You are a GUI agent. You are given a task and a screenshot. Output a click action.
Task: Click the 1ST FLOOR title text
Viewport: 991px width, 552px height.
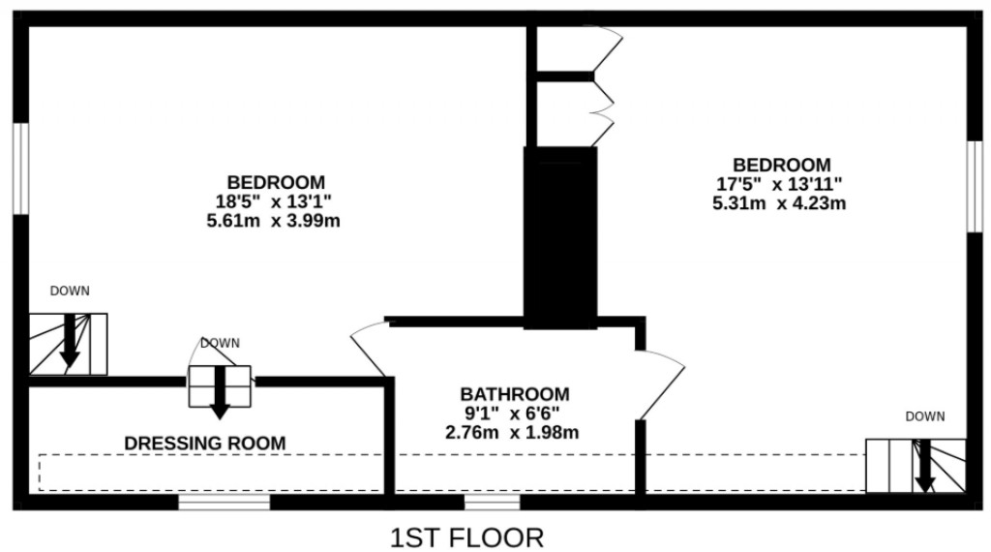(466, 537)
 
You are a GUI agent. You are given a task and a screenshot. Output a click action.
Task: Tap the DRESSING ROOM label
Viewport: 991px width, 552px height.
(205, 444)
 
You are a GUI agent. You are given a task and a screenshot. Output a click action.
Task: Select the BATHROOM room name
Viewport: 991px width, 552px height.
(514, 394)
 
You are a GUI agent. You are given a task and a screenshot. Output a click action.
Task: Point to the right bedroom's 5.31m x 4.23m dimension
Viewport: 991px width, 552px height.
(781, 202)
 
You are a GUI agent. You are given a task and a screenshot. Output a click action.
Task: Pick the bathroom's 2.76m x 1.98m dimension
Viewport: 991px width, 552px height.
(514, 431)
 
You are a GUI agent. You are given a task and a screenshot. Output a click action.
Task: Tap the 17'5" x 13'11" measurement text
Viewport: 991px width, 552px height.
(781, 184)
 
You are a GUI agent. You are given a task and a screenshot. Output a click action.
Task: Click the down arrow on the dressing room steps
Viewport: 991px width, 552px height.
(220, 392)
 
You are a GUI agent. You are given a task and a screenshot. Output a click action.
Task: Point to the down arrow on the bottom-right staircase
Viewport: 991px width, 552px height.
(925, 467)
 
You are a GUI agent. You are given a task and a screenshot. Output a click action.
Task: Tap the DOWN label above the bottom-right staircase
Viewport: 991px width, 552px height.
(925, 416)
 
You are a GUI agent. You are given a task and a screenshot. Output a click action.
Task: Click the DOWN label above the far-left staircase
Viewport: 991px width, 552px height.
(70, 291)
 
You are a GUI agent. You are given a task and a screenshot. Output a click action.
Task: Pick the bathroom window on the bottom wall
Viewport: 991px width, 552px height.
(492, 502)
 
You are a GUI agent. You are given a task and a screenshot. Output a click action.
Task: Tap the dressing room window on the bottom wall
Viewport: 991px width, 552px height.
(225, 502)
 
